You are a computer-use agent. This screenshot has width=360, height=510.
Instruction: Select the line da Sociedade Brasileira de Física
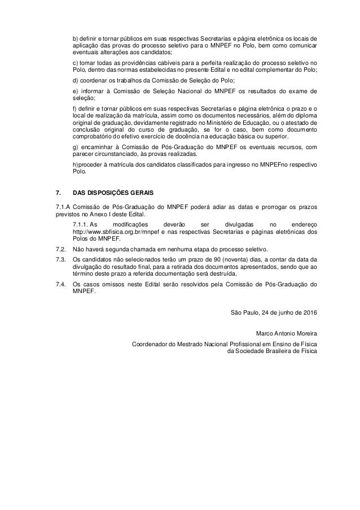click(271, 350)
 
